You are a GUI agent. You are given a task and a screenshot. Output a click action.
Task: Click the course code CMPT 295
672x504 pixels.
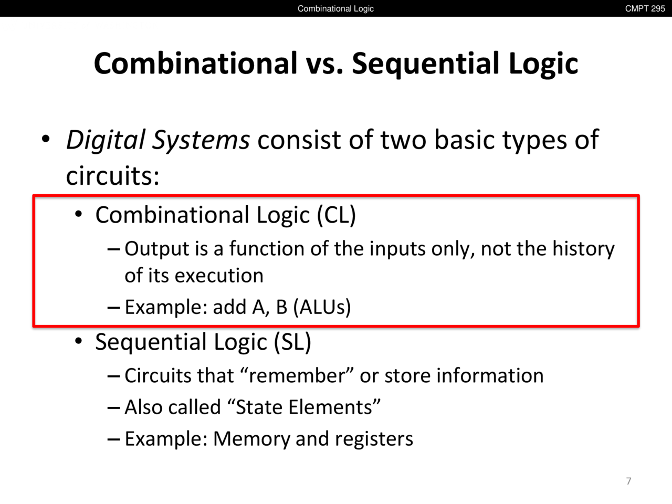(x=645, y=8)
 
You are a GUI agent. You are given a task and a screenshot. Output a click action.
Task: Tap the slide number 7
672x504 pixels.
(x=628, y=481)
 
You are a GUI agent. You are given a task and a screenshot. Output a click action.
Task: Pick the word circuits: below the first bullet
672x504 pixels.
(x=113, y=176)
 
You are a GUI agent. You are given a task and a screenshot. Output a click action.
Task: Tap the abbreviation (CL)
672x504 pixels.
(x=336, y=215)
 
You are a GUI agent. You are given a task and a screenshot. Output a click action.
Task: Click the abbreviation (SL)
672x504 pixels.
(x=292, y=342)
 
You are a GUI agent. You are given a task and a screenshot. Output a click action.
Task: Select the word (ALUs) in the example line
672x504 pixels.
(x=322, y=307)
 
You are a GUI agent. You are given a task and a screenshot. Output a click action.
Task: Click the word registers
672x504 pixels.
(x=374, y=439)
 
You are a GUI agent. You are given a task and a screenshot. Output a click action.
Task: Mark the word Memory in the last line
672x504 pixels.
(x=251, y=439)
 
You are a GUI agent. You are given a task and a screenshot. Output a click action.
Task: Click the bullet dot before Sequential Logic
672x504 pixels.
(x=79, y=341)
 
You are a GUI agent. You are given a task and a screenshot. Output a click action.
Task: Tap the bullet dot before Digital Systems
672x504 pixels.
(x=46, y=139)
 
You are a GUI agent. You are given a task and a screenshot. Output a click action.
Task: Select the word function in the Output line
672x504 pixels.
(x=267, y=248)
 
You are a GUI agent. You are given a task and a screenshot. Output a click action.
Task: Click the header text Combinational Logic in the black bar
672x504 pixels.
(x=335, y=8)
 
